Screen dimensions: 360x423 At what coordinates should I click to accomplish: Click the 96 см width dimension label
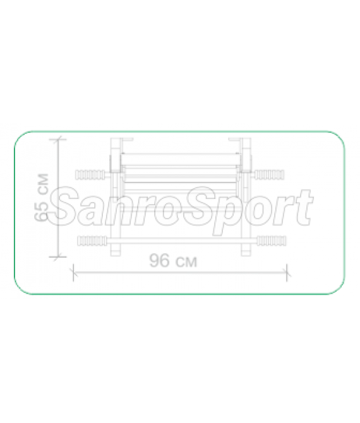[173, 261]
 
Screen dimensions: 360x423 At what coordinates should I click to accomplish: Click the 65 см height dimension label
[42, 198]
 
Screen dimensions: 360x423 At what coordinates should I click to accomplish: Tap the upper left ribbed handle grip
[90, 174]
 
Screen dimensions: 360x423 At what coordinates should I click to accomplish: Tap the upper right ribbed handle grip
[269, 174]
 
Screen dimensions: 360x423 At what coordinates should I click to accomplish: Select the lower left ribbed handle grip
[92, 241]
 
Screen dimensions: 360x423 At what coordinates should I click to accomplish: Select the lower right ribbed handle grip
[271, 241]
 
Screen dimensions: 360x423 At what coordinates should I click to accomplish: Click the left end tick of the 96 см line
[73, 273]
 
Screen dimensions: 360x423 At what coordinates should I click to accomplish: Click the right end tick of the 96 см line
[287, 273]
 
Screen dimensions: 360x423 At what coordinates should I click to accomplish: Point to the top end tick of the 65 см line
[58, 140]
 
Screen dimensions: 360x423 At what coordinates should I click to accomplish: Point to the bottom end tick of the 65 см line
[57, 257]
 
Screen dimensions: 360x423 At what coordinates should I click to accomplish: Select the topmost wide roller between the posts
[180, 160]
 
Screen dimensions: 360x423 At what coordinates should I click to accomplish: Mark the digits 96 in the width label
[160, 261]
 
